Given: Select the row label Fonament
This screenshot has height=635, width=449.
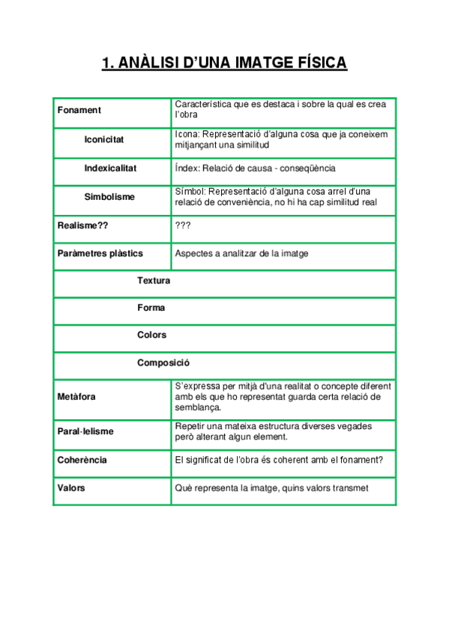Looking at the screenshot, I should pos(79,111).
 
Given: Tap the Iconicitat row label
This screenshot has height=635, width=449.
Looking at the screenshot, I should pos(104,140).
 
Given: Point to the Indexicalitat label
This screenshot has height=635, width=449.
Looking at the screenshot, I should pos(110,168).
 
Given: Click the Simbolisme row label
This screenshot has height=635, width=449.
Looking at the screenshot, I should pos(109,197).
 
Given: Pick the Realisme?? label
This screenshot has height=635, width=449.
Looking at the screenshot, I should pos(83,225).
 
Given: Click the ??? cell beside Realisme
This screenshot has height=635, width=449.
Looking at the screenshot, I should pos(182,225).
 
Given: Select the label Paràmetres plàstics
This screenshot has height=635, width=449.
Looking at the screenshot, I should pos(100,254).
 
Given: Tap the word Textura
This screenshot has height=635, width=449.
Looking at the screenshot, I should pos(154,281).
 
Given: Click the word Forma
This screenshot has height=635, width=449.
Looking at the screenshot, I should pos(151,308).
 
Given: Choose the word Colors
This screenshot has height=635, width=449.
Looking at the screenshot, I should pos(151,335).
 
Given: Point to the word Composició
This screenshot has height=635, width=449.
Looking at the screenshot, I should pos(163,362).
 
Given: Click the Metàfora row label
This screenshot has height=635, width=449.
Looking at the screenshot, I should pos(76,396).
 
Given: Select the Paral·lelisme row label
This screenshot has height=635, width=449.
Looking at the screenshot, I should pos(85,432).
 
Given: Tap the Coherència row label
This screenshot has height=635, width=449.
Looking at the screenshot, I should pos(82,461).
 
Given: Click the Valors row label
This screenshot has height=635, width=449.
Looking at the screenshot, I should pos(71,488).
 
